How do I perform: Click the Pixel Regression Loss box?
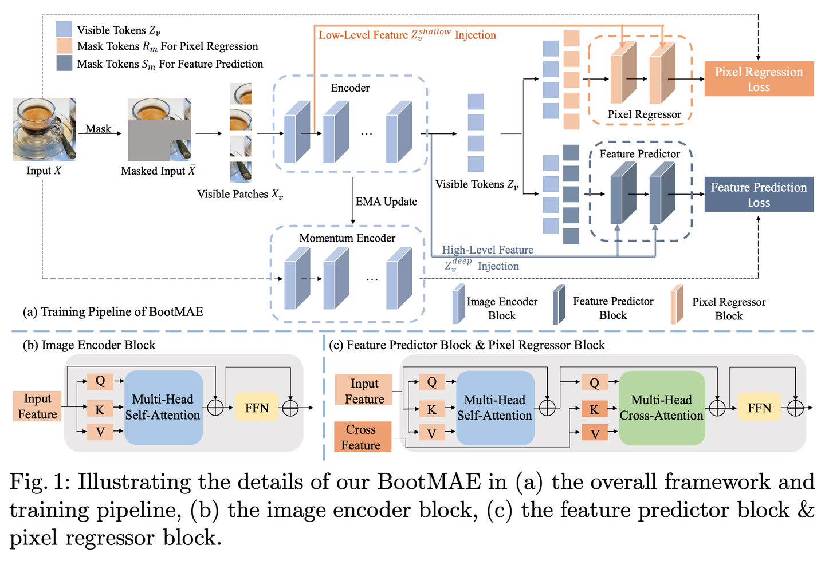759,79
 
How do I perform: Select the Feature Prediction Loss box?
759,195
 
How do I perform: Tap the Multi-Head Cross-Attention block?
662,408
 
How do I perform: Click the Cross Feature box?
363,437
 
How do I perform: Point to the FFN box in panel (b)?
256,408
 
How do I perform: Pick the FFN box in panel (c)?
759,408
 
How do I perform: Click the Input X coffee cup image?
44,129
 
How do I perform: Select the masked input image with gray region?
159,129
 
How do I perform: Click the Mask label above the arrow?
98,129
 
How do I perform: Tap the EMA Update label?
386,202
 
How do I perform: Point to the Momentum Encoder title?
347,238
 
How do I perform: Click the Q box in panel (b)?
100,381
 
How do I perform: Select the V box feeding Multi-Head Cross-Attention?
595,433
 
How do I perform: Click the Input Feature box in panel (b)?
37,406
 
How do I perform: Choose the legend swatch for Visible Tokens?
64,29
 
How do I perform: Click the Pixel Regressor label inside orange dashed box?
644,114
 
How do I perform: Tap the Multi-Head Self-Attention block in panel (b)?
163,407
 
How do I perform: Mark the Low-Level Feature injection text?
407,35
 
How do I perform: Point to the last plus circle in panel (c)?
795,408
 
